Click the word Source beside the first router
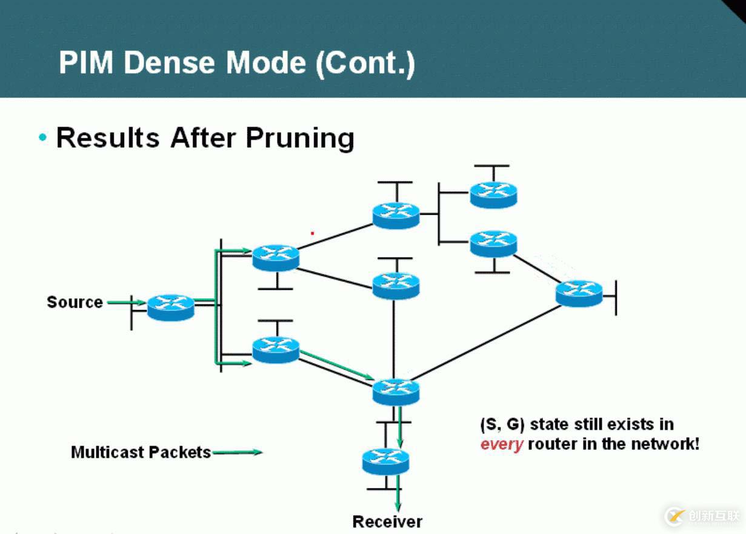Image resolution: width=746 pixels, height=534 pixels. click(x=75, y=302)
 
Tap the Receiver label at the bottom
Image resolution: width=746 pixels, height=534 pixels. click(x=387, y=521)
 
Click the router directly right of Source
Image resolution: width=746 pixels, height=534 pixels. click(x=170, y=306)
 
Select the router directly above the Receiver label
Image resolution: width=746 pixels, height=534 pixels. click(x=385, y=461)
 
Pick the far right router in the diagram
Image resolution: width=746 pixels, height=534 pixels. click(x=579, y=293)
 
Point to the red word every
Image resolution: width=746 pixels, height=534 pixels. click(x=501, y=444)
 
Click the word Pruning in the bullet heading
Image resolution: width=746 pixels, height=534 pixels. click(x=299, y=138)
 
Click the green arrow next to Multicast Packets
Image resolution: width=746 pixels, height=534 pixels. click(x=238, y=452)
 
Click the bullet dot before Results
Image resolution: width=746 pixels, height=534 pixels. click(x=42, y=138)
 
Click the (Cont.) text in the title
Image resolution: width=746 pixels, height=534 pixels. click(x=365, y=63)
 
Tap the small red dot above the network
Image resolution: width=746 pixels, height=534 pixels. click(x=312, y=233)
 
